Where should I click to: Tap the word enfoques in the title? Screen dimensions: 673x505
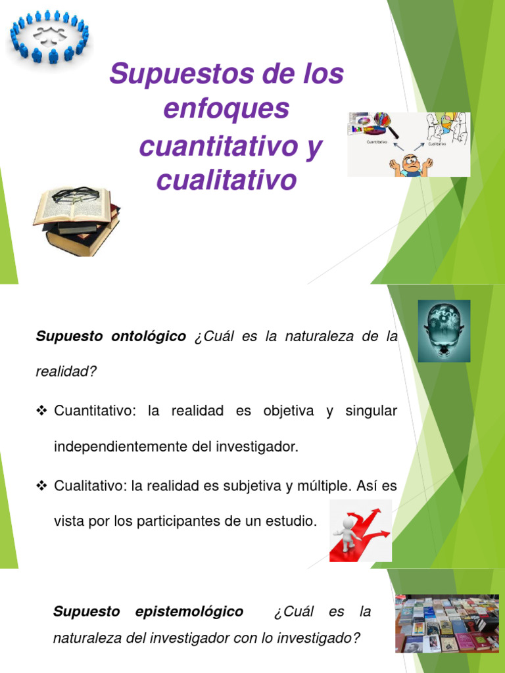[226, 109]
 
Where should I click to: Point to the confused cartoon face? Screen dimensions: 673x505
[411, 164]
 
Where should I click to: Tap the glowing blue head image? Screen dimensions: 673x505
[444, 331]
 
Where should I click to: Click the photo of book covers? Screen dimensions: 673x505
[446, 624]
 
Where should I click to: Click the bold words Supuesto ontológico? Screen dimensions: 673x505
[111, 336]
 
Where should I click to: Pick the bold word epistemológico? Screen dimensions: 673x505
[189, 612]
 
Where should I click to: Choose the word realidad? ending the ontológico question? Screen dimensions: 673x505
[66, 372]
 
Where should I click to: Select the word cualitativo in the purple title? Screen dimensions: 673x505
[226, 179]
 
